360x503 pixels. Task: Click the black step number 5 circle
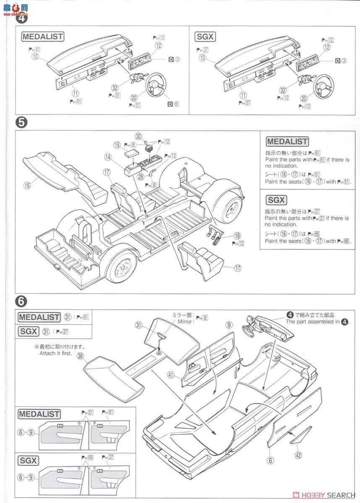tap(21, 122)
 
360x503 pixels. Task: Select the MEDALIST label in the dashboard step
tap(42, 36)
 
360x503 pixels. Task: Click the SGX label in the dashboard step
tap(205, 36)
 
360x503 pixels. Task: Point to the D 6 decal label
tap(173, 104)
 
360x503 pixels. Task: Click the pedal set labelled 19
tap(215, 234)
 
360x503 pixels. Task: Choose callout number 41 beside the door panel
tap(170, 376)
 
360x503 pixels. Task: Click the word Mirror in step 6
tap(186, 322)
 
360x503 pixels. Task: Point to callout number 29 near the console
tap(141, 177)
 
